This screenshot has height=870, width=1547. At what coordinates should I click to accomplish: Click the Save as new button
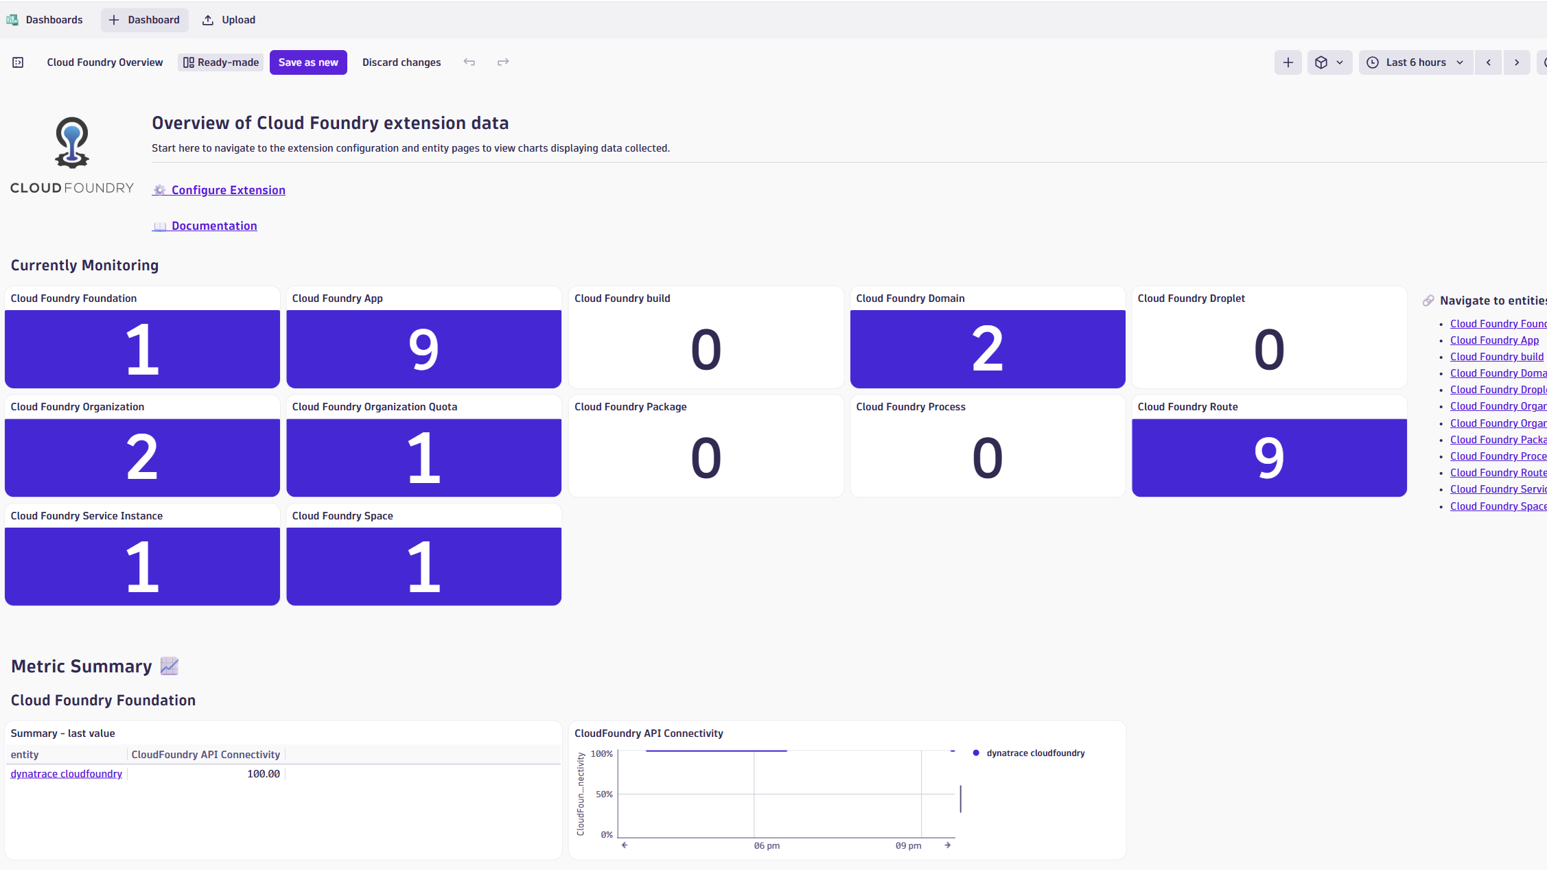(308, 62)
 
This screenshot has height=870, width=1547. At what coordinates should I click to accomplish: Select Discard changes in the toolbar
(402, 62)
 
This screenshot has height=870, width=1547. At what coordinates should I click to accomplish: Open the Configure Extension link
(228, 190)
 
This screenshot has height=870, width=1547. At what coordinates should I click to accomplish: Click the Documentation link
(214, 226)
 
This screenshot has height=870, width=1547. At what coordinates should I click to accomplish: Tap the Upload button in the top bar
(229, 20)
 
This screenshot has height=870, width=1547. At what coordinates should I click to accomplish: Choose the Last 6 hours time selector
(1415, 62)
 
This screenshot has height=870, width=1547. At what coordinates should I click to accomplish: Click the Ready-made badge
(221, 62)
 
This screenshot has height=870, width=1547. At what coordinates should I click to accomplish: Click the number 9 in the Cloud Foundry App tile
(423, 349)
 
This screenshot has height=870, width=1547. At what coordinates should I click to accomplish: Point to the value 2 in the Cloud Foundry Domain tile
(987, 349)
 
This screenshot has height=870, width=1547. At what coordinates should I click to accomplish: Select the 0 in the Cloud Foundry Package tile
(706, 458)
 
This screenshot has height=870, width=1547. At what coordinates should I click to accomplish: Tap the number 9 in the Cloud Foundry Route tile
(1268, 458)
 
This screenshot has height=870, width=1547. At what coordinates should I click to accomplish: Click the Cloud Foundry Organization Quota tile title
(375, 407)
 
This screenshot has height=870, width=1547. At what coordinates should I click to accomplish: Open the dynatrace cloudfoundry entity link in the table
(67, 774)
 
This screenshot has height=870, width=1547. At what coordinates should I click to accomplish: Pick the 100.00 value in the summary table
(264, 774)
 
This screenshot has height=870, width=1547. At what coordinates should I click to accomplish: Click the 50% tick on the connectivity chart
(604, 795)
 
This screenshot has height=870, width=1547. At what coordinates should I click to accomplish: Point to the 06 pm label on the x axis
(767, 846)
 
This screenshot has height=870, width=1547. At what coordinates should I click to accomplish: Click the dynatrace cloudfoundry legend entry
(1035, 753)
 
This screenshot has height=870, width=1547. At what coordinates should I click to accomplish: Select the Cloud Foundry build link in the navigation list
(1496, 357)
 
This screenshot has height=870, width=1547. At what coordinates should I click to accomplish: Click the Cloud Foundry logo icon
(72, 143)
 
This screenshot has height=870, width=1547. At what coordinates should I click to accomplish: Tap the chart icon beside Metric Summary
(170, 666)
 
